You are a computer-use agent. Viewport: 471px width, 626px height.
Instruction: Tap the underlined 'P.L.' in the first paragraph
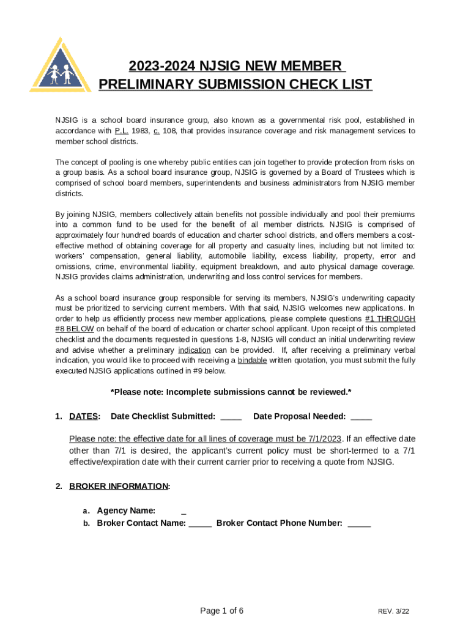tap(121, 131)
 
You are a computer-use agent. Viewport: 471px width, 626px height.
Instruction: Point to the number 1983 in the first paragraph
tap(141, 131)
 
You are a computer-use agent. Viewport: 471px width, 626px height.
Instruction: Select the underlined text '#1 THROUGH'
tap(390, 319)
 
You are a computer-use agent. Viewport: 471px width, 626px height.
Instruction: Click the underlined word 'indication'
tap(195, 350)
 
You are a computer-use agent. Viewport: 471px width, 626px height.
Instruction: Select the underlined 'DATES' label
tap(83, 416)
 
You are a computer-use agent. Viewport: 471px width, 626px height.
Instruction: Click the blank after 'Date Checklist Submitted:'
tap(231, 417)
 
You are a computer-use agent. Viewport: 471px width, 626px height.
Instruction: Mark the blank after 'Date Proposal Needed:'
tap(361, 417)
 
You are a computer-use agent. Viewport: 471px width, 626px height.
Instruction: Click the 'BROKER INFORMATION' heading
tap(119, 486)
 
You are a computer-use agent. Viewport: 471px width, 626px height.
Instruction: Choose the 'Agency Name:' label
tap(126, 510)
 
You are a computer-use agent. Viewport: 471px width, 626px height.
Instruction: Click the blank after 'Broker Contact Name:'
tap(200, 523)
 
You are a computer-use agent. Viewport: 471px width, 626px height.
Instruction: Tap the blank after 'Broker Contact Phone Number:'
tap(359, 523)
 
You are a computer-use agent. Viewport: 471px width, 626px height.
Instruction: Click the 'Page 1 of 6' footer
tap(222, 611)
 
